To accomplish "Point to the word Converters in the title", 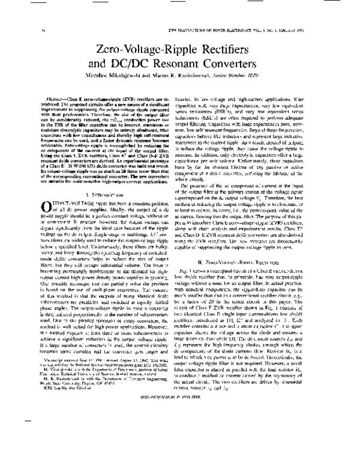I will [x=256, y=63].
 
